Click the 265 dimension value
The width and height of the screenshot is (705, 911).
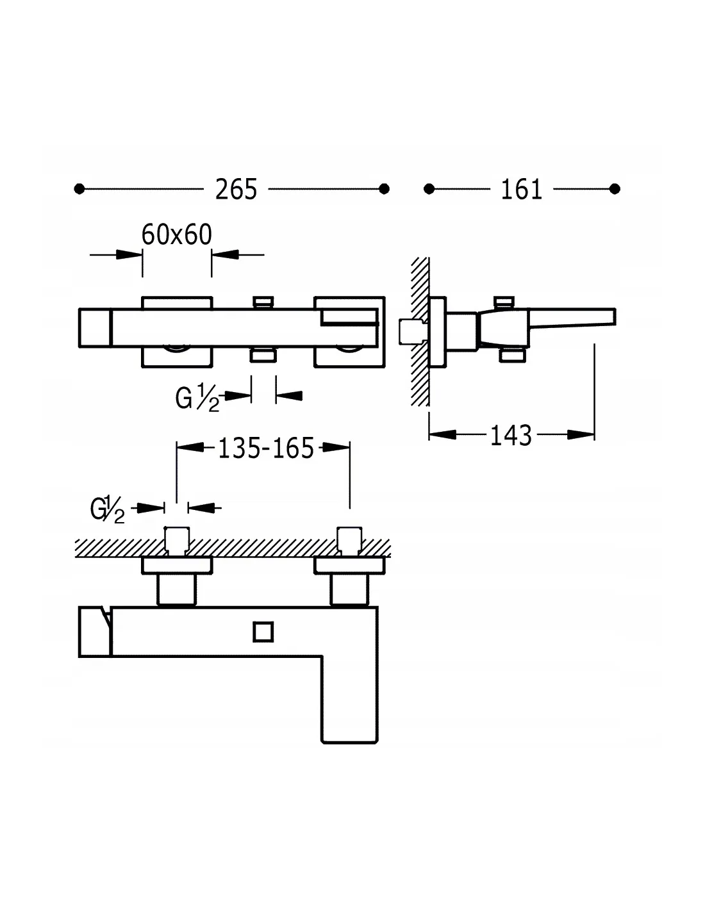236,190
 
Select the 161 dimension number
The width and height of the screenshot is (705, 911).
521,190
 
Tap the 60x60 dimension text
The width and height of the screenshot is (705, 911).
176,235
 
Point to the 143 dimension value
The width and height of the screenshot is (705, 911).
511,436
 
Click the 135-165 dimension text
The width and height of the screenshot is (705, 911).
266,448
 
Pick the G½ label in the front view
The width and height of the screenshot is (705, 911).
197,399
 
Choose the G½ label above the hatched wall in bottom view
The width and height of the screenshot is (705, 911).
108,511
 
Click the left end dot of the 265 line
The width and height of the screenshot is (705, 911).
79,189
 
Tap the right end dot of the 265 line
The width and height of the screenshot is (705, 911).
385,189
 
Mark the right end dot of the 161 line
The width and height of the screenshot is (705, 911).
615,189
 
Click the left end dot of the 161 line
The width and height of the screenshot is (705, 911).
429,189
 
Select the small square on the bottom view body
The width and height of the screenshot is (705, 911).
263,632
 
